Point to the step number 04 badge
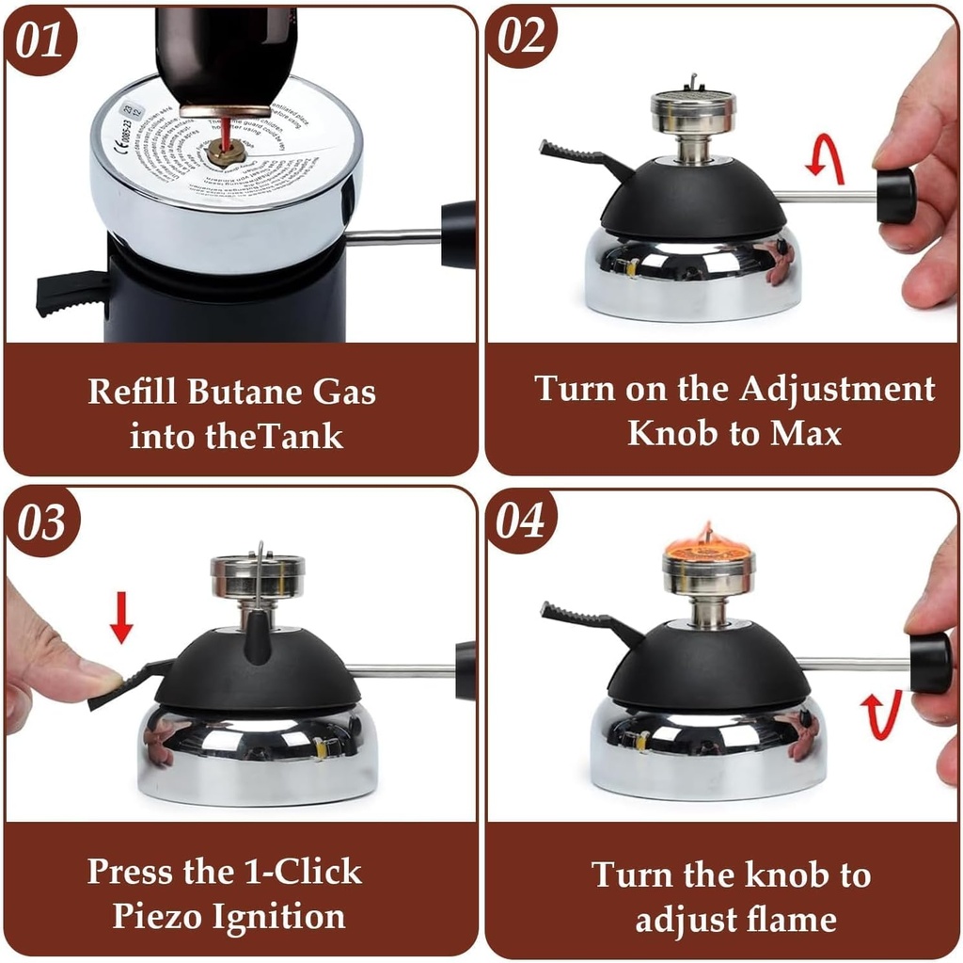pyautogui.click(x=521, y=520)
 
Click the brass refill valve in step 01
pyautogui.click(x=226, y=149)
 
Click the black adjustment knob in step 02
pyautogui.click(x=895, y=196)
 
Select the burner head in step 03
pyautogui.click(x=256, y=576)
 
